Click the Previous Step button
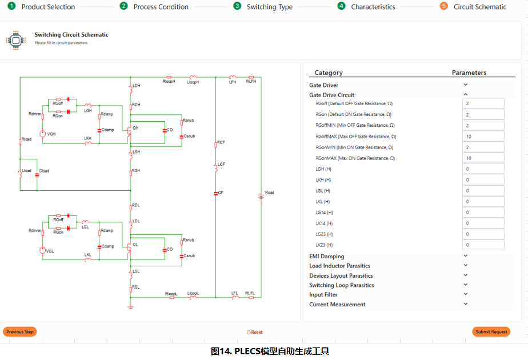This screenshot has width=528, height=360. pos(20,331)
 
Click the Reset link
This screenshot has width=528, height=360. pos(255,332)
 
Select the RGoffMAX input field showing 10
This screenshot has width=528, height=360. pos(483,136)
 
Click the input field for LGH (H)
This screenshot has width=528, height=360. pos(483,169)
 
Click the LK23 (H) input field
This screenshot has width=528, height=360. pos(483,245)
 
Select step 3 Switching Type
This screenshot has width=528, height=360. pos(269,7)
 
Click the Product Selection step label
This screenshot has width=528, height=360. pos(48,7)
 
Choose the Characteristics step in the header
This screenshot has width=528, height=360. pos(373,7)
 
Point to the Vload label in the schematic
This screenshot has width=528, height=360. pos(269,193)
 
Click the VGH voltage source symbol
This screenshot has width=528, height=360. pos(42,134)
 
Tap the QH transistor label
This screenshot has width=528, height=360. pos(135,128)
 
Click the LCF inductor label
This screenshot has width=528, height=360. pos(221,165)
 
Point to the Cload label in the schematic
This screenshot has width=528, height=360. pos(44,171)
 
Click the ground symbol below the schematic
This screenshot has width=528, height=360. pos(130,307)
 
